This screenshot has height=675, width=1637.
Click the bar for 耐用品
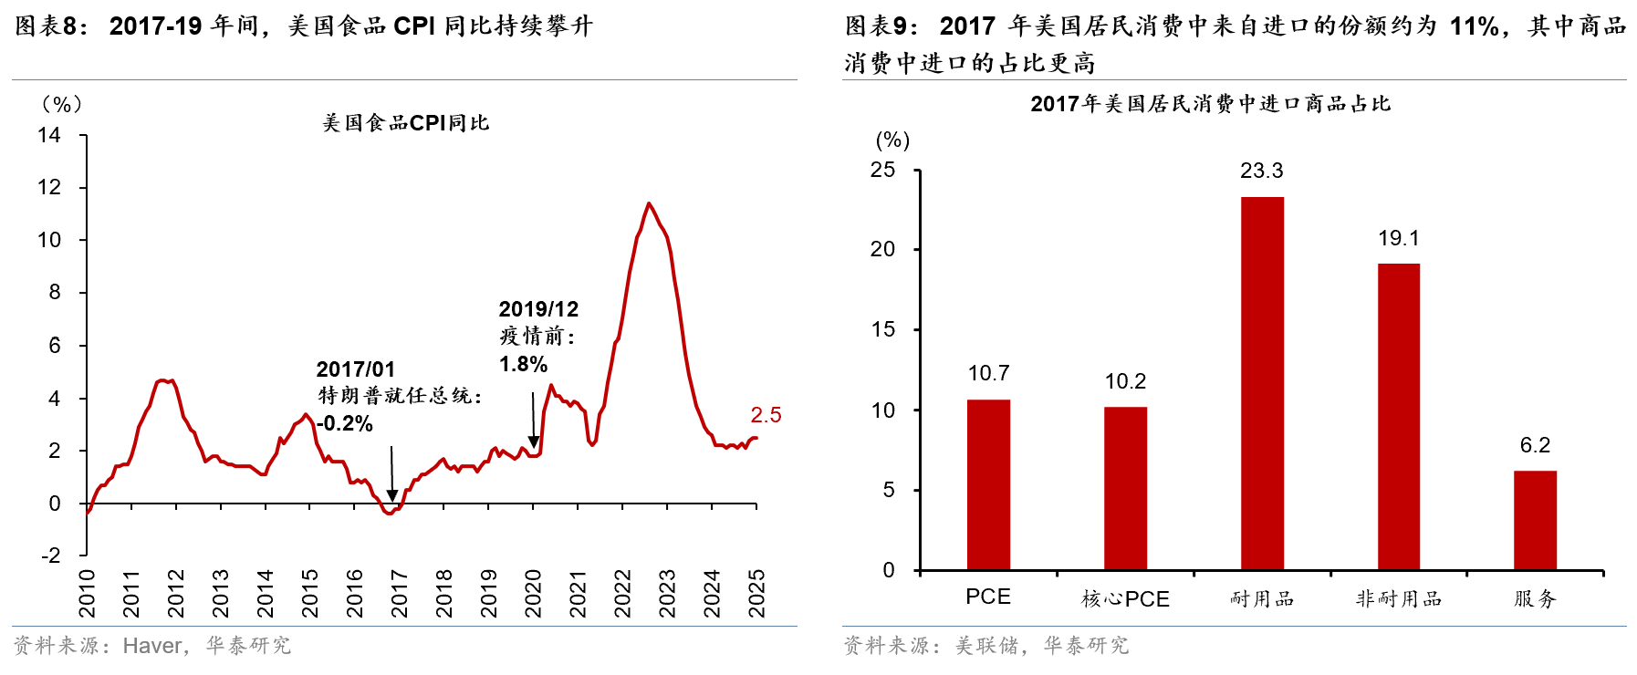[x=1262, y=383]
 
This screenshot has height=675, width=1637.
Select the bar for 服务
[x=1535, y=520]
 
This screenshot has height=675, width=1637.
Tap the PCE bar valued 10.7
[x=988, y=484]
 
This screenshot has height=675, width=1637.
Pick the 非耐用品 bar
[x=1398, y=417]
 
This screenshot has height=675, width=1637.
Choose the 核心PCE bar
[x=1125, y=488]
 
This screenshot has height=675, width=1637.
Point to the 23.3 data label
[x=1262, y=171]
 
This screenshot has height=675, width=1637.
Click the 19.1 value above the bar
[x=1398, y=238]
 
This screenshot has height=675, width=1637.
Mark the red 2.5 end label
[x=766, y=415]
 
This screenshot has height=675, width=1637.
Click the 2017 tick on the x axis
[x=399, y=593]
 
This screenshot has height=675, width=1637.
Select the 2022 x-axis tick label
[x=622, y=593]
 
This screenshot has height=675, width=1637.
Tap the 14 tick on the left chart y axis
[x=49, y=135]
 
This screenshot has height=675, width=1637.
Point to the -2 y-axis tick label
[x=50, y=555]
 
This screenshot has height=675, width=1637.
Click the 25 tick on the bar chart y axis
[x=882, y=170]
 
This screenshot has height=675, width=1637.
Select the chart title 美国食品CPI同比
[x=406, y=123]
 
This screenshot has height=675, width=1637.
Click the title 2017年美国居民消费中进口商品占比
[x=1210, y=104]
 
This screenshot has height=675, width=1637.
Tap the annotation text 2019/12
[x=538, y=309]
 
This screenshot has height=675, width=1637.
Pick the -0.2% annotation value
[x=344, y=423]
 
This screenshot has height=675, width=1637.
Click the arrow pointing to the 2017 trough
[x=392, y=474]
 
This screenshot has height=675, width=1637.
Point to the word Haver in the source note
[x=152, y=646]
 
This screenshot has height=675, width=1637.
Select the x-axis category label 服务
[x=1535, y=598]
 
